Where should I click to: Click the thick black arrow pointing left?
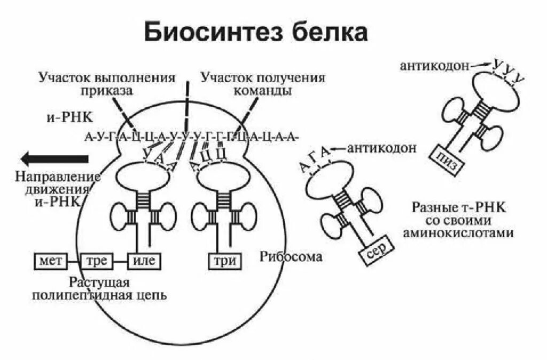(53, 158)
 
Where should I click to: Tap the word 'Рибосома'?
(292, 257)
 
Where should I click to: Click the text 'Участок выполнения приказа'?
(107, 84)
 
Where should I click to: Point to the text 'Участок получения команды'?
(263, 84)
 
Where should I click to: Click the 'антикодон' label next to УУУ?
(434, 66)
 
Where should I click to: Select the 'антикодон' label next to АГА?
(381, 148)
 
